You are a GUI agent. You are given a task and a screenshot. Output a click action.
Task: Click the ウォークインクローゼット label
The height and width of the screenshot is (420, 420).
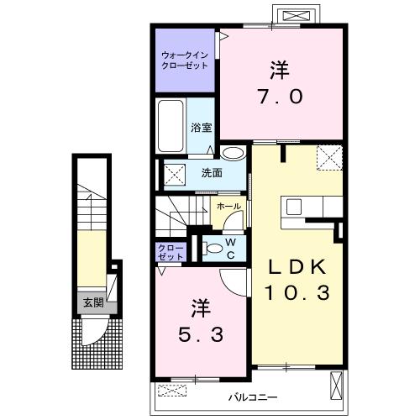pos(185,60)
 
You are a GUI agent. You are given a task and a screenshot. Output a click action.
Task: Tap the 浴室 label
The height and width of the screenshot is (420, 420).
pos(202,128)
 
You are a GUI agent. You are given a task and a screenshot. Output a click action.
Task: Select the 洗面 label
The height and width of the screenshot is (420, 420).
pos(212,173)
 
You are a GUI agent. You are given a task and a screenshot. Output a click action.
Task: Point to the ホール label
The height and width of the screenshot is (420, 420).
pos(228,207)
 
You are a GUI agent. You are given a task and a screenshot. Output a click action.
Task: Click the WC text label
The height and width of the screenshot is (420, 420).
pos(231,249)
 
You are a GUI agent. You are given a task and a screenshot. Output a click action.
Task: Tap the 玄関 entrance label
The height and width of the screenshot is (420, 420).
pos(93,302)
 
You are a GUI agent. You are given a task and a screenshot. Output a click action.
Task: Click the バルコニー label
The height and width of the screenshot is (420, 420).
pos(253,397)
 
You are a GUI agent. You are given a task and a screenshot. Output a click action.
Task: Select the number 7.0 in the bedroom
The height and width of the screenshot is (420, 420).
pos(280,97)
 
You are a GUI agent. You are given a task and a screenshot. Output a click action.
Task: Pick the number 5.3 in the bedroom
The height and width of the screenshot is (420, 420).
pos(201,334)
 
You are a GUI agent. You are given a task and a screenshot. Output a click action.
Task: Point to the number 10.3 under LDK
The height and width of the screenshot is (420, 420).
pos(297,292)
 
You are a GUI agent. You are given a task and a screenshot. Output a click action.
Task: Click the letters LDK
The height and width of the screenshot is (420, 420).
pos(297,267)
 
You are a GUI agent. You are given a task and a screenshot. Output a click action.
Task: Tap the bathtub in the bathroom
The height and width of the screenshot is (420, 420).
pos(171,126)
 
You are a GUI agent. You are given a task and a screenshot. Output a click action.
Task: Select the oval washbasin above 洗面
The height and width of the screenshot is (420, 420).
pos(233,154)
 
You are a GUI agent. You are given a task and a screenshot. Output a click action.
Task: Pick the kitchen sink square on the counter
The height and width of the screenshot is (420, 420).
pos(294,207)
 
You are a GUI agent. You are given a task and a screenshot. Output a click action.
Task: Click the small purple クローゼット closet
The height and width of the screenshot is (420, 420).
pos(171,252)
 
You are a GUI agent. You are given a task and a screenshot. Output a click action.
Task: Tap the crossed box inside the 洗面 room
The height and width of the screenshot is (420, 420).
pos(175,175)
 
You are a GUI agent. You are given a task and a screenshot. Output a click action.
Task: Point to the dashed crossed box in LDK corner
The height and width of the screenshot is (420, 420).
pos(329,158)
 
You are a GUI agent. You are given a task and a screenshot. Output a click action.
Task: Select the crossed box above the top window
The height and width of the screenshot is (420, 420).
pos(297,15)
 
